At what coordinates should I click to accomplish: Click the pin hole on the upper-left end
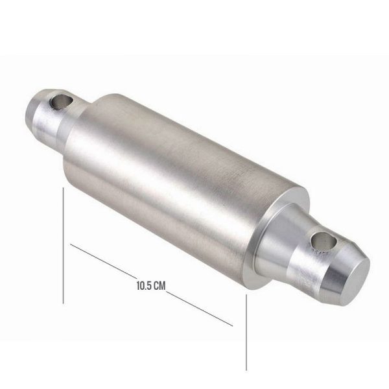(x=61, y=102)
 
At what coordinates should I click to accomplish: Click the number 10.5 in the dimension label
(x=144, y=285)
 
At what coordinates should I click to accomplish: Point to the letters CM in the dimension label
(x=159, y=285)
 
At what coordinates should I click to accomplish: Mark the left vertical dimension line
(x=64, y=245)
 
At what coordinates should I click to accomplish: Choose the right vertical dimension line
(x=246, y=333)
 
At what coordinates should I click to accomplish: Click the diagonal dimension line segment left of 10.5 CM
(x=103, y=261)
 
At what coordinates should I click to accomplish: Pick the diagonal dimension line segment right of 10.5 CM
(x=200, y=309)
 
